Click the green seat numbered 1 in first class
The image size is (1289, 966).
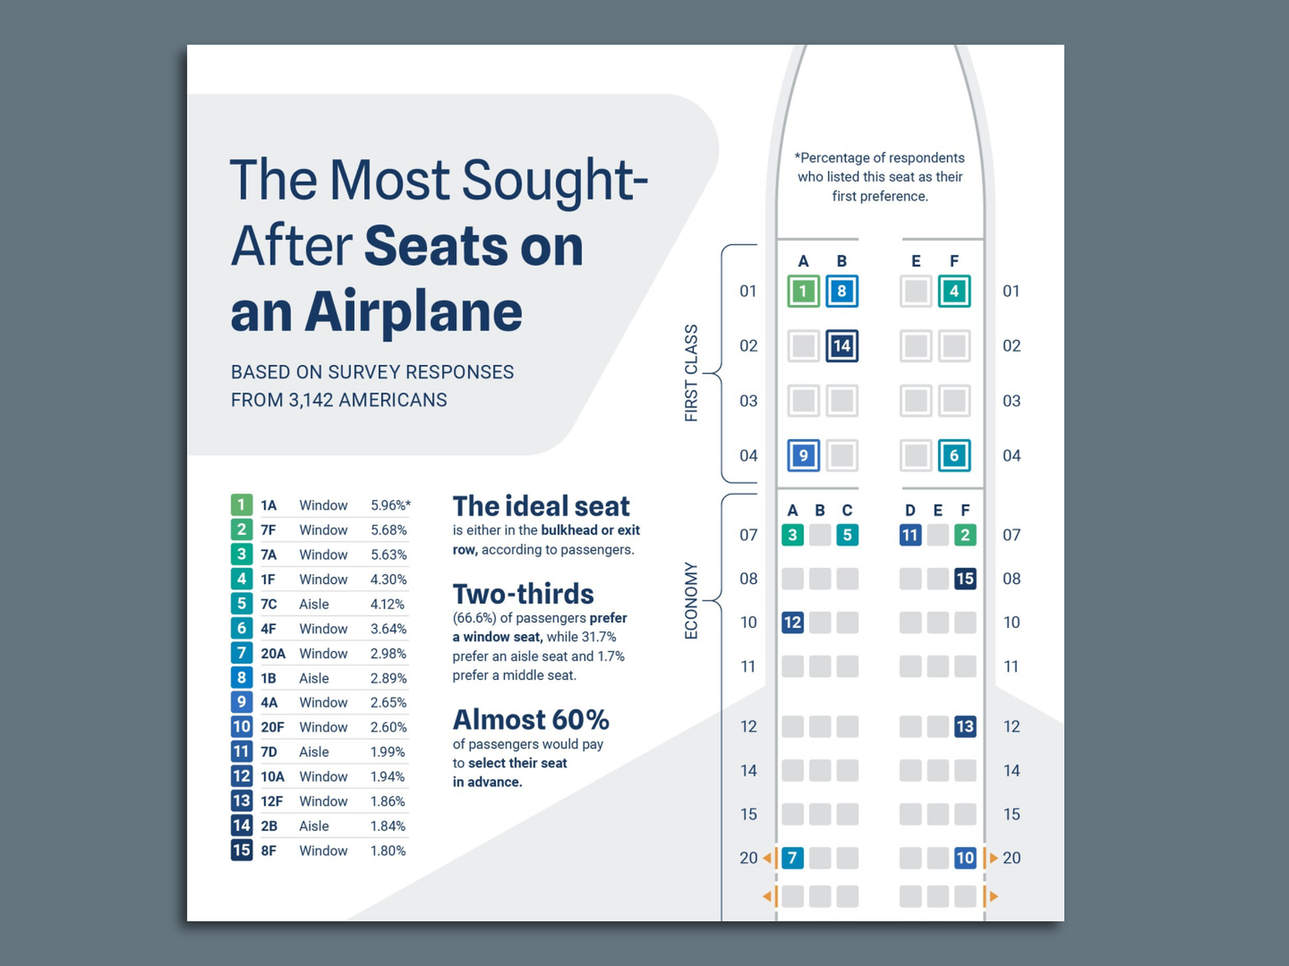[x=803, y=291]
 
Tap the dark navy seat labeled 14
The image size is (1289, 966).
[x=841, y=346]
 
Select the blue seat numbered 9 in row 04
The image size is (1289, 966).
[x=803, y=455]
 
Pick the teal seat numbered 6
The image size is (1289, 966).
[x=954, y=455]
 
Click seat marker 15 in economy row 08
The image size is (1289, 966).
[x=965, y=578]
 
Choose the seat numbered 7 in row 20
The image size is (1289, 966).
[x=792, y=857]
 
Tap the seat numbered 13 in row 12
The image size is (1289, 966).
[x=965, y=726]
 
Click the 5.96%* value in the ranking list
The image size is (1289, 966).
[x=390, y=505]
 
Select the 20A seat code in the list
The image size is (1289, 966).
[x=273, y=653]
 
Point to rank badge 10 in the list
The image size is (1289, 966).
[x=242, y=727]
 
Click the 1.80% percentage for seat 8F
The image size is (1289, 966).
[x=388, y=851]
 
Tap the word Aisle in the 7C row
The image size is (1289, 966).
[x=314, y=604]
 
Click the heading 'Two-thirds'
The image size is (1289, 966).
[x=523, y=594]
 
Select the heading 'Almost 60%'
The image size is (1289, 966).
[x=530, y=720]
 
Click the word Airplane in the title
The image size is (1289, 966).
[x=413, y=312]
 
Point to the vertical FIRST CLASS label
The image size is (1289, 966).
[x=691, y=373]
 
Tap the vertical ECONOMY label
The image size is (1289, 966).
[x=691, y=600]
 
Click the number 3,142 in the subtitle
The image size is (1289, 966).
[x=311, y=400]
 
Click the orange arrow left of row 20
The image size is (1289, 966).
[x=767, y=858]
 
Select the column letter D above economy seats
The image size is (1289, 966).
[x=910, y=511]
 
